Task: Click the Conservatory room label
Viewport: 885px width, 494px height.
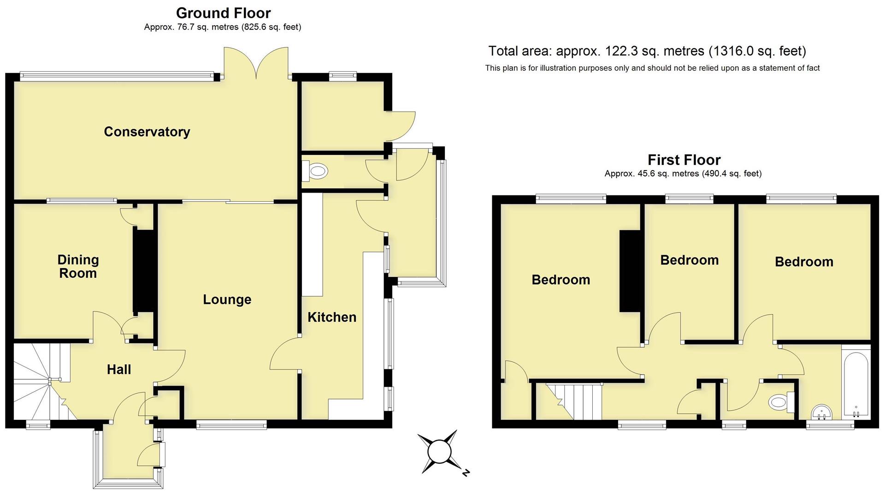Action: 147,132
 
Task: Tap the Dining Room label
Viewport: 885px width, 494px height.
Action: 78,266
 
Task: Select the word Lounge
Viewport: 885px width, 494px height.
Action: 227,300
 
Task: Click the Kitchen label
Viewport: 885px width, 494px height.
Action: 331,317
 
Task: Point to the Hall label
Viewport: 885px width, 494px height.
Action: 119,369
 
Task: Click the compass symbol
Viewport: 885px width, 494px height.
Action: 438,452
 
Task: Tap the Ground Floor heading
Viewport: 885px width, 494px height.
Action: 223,13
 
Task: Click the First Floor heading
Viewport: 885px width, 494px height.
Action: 684,160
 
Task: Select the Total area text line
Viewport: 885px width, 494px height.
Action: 647,51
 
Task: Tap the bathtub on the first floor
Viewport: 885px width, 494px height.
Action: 855,382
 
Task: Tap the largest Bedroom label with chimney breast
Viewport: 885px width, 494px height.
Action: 560,280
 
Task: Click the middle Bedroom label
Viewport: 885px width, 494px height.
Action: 689,260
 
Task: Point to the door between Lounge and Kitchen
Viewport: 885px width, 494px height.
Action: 285,353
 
